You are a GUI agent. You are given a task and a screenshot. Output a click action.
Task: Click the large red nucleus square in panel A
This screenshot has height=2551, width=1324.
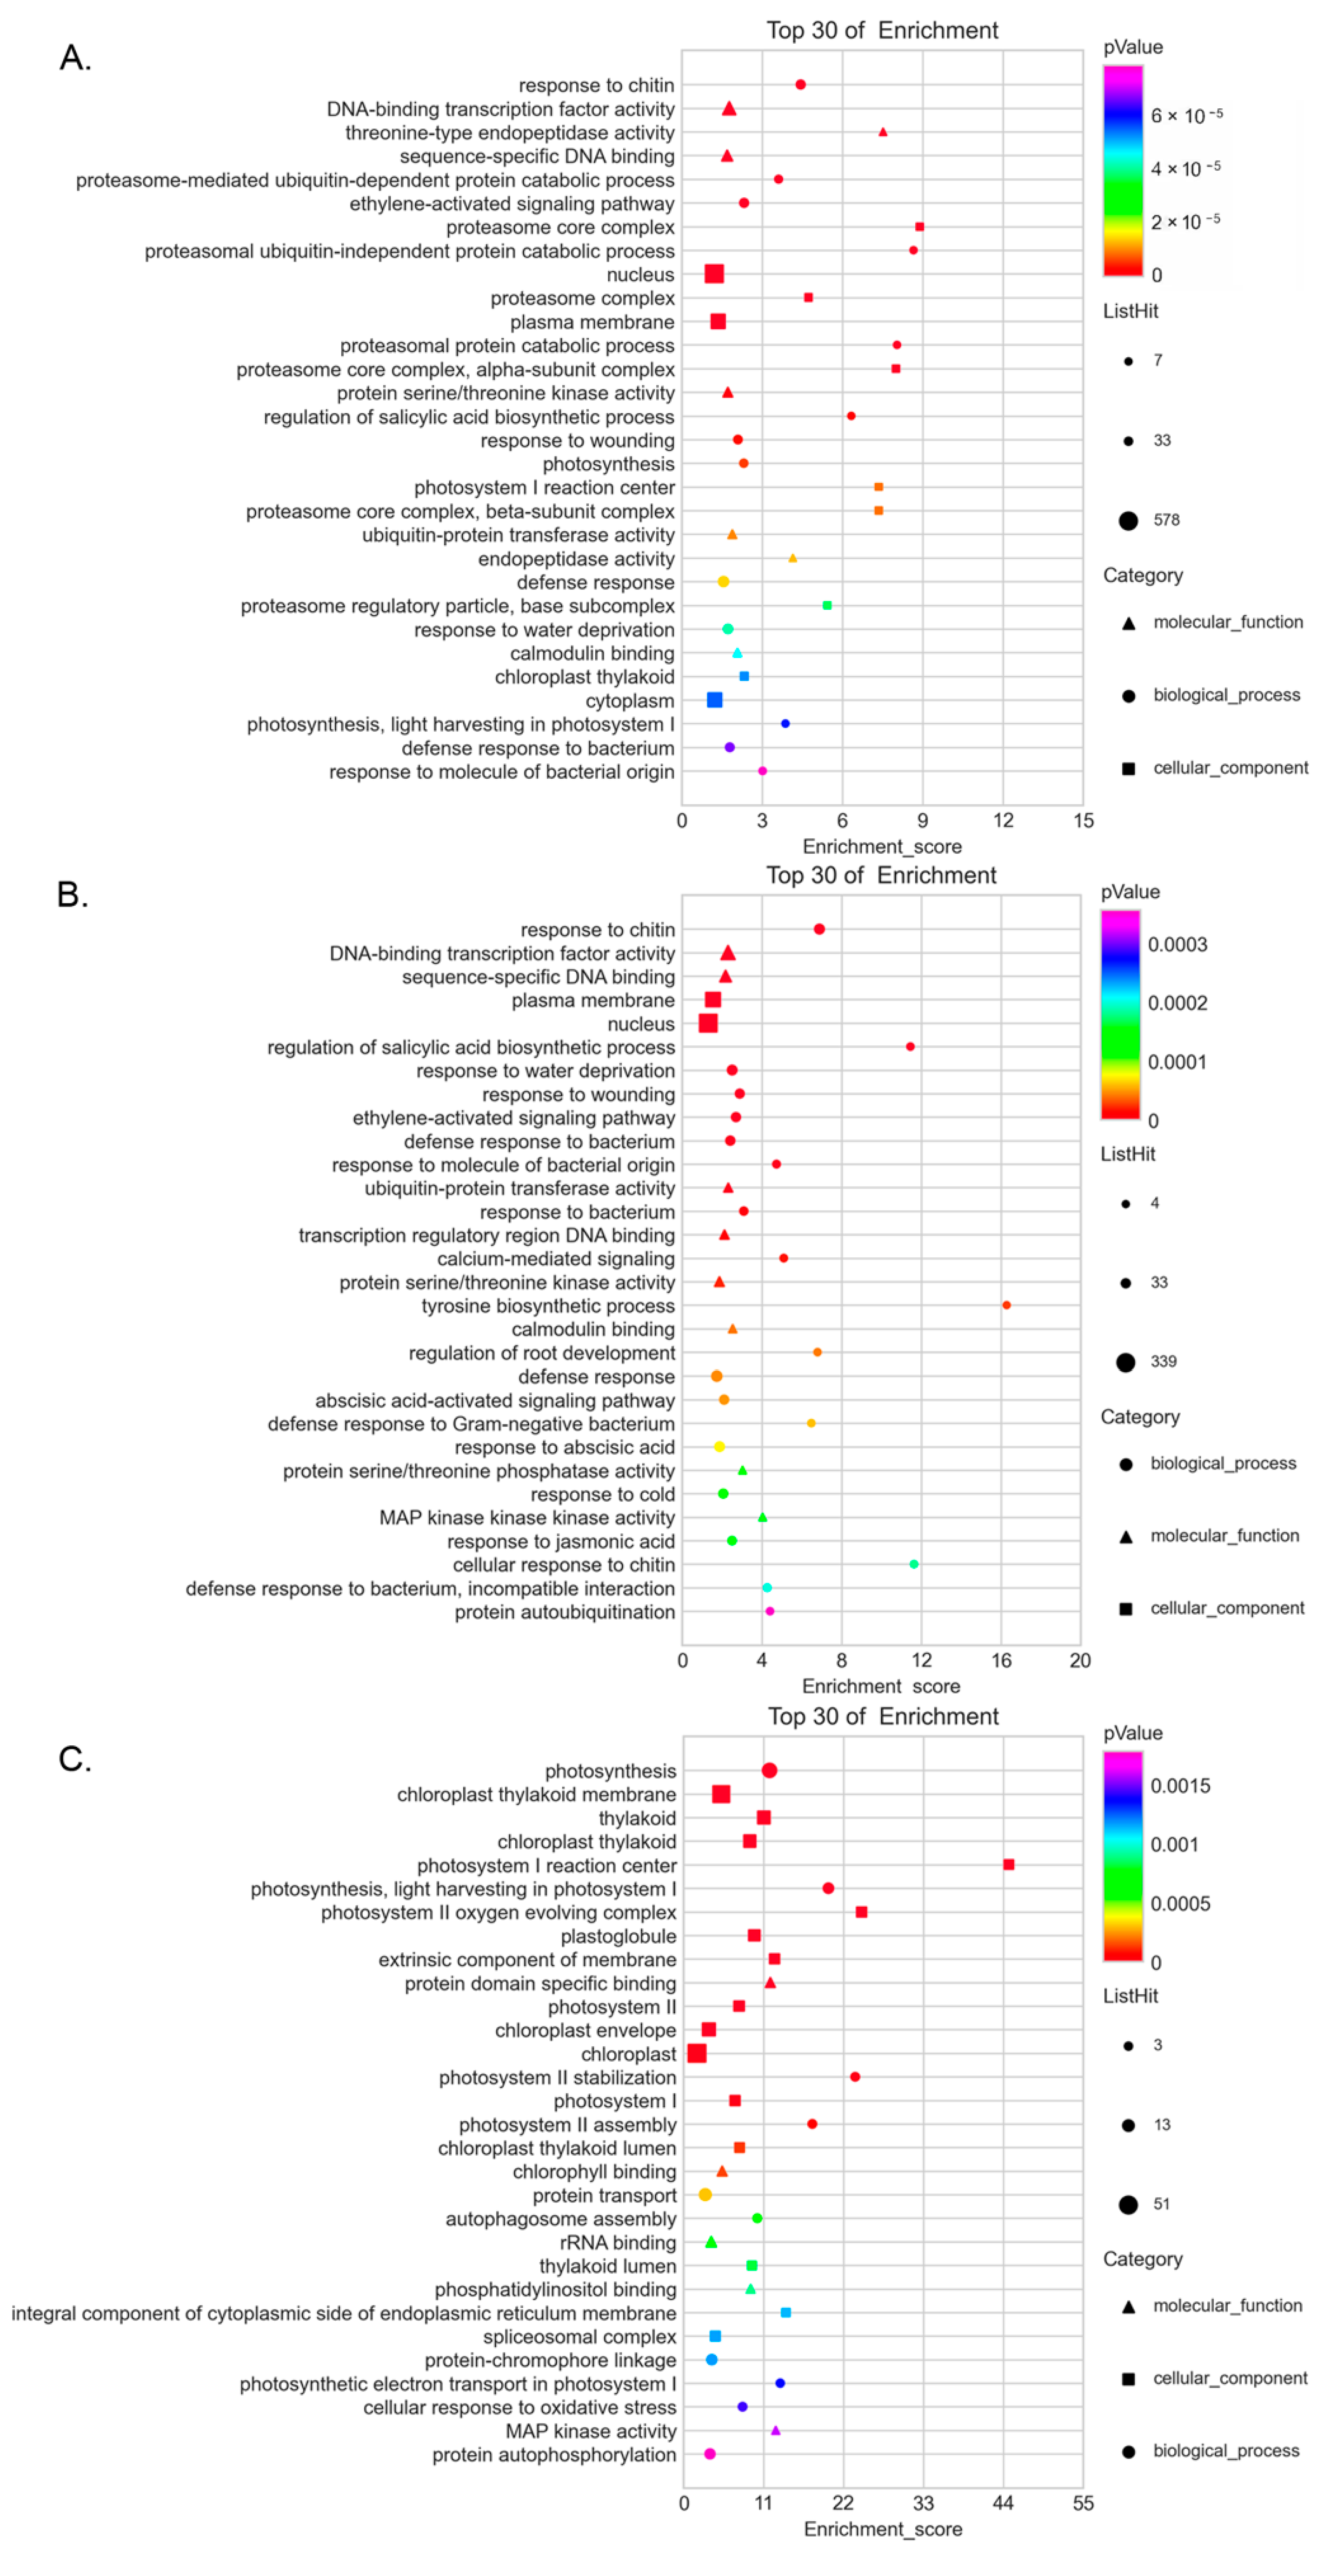tap(714, 274)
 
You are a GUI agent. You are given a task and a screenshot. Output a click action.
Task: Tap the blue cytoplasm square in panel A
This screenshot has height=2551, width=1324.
tap(714, 700)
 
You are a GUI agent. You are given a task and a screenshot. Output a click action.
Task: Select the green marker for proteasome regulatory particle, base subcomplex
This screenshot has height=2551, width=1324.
tap(827, 605)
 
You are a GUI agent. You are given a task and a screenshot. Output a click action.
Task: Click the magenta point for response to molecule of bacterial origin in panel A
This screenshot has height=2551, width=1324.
tap(762, 770)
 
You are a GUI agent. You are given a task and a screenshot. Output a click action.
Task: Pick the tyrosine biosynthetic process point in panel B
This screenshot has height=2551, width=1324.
tap(1006, 1305)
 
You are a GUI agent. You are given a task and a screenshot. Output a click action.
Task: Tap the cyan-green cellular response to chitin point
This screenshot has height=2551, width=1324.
tap(913, 1565)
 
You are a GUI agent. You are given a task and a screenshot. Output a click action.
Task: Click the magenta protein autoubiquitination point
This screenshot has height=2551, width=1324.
tap(770, 1611)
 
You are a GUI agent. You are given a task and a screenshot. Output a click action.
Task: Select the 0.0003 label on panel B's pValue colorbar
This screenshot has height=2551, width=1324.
tap(1178, 945)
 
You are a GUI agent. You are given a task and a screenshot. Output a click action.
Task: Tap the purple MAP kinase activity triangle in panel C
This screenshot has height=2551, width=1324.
tap(775, 2430)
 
